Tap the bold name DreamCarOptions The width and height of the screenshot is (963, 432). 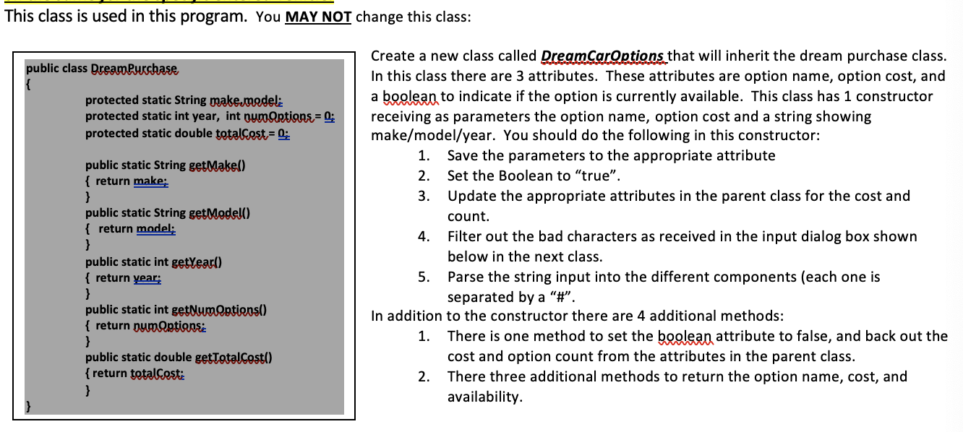[602, 56]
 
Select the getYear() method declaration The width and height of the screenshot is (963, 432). [153, 262]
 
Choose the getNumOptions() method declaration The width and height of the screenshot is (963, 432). [176, 310]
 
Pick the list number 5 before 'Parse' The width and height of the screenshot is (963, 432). [425, 277]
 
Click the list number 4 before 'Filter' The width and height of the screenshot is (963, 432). [425, 236]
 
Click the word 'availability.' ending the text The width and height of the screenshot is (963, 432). [484, 397]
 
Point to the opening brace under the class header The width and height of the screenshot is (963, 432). [30, 84]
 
